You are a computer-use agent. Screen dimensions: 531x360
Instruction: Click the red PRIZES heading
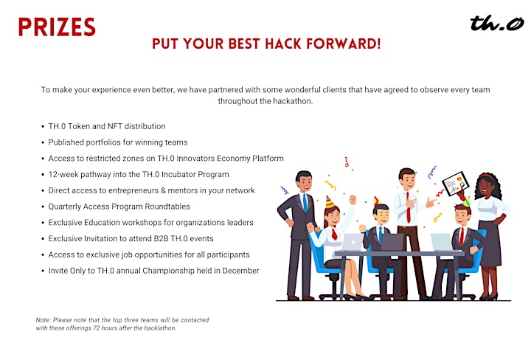point(57,27)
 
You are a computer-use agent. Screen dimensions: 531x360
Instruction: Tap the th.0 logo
point(497,23)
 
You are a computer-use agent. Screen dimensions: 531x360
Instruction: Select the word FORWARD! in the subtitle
point(344,44)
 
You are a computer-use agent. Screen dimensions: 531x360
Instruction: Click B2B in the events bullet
point(161,239)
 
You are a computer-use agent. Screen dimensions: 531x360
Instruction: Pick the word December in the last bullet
point(240,271)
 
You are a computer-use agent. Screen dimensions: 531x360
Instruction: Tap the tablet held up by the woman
point(456,184)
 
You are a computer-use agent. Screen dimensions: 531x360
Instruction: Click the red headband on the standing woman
point(487,176)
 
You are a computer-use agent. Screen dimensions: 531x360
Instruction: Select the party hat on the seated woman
point(329,202)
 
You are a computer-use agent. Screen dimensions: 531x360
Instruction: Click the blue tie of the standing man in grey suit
point(305,203)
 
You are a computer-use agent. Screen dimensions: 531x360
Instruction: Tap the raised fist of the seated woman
point(353,199)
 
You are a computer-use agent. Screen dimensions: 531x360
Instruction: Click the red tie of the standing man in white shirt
point(409,207)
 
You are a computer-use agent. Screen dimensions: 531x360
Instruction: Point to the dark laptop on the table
point(392,242)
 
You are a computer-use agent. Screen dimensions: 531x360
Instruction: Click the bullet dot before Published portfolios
point(43,142)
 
